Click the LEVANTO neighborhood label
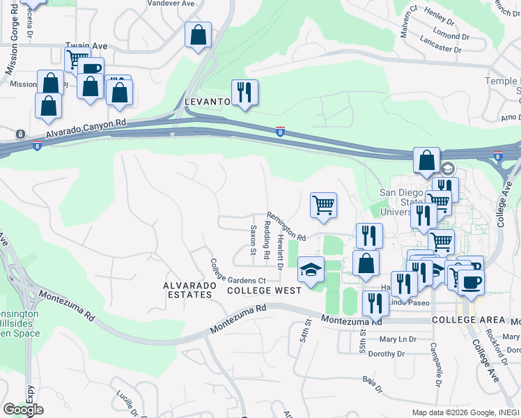[207, 102]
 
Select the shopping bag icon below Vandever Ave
[198, 34]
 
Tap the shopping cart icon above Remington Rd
[322, 206]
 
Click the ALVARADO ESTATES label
[187, 290]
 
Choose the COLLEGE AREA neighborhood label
[467, 320]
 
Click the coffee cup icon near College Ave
[471, 282]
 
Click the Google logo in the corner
[23, 410]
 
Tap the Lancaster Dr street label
[442, 49]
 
